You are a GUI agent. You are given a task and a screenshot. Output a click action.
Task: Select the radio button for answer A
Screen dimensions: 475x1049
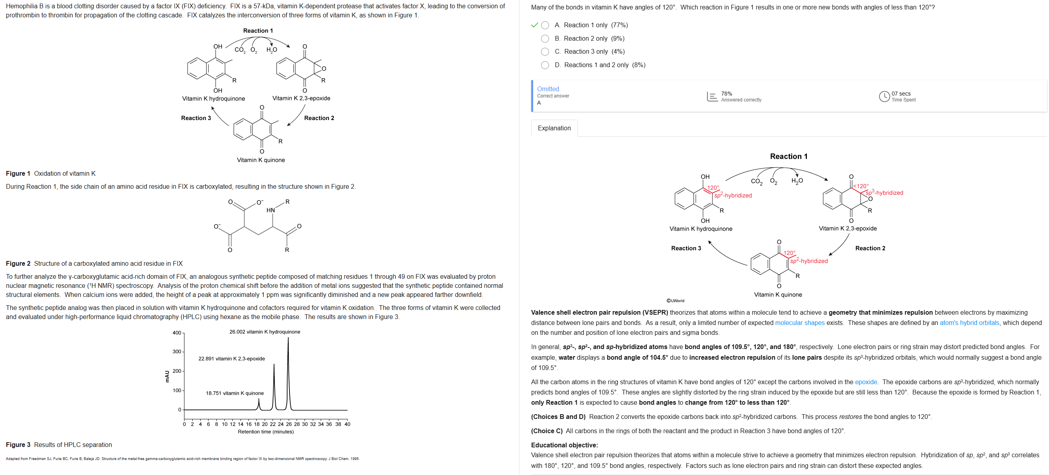pyautogui.click(x=545, y=25)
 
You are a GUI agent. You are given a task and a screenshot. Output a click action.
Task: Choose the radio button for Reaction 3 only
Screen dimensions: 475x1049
pyautogui.click(x=545, y=52)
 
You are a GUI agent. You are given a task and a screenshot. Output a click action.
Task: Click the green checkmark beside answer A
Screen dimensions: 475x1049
pyautogui.click(x=535, y=25)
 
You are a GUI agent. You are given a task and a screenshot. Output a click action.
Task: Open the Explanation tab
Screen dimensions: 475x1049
pyautogui.click(x=554, y=128)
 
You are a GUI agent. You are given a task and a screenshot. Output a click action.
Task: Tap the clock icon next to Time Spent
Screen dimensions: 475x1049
pyautogui.click(x=884, y=96)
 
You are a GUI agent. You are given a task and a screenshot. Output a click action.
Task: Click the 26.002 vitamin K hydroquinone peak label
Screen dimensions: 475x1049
pyautogui.click(x=264, y=332)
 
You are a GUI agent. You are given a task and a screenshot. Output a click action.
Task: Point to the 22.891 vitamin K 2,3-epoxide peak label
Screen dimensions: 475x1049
pyautogui.click(x=231, y=359)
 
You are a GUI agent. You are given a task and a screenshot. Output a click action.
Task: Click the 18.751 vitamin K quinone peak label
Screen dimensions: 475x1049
pyautogui.click(x=234, y=393)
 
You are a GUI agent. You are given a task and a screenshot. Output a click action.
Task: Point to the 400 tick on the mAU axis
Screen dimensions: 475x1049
pyautogui.click(x=177, y=333)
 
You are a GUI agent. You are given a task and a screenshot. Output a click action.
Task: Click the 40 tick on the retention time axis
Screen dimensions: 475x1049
pyautogui.click(x=347, y=424)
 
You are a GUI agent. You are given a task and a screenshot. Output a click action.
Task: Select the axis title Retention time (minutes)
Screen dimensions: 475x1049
pyautogui.click(x=265, y=432)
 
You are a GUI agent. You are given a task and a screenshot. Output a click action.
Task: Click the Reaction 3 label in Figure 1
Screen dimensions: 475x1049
pyautogui.click(x=196, y=118)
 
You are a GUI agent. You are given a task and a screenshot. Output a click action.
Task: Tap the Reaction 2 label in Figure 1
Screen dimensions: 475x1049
pyautogui.click(x=319, y=118)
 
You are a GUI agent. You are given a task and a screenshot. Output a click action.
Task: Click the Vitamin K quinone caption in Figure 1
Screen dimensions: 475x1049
pyautogui.click(x=261, y=160)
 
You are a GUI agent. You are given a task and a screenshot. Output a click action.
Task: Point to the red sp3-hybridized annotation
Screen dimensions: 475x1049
pyautogui.click(x=884, y=193)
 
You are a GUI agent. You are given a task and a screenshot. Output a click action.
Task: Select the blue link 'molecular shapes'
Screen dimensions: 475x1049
pyautogui.click(x=799, y=323)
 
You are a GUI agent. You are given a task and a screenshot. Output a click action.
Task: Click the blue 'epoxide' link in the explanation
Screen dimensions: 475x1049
pyautogui.click(x=866, y=382)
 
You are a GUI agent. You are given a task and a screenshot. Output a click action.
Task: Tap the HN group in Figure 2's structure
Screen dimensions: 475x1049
pyautogui.click(x=271, y=210)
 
